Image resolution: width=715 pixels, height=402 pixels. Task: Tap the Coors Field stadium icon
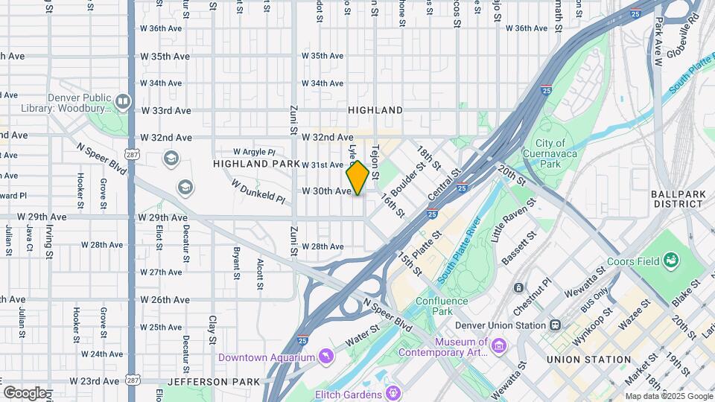[x=671, y=260]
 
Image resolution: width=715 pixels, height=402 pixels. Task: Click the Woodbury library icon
[x=123, y=100]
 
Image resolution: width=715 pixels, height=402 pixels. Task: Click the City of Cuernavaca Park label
[x=550, y=153]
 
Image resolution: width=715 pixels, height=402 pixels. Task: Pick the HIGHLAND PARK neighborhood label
[x=247, y=163]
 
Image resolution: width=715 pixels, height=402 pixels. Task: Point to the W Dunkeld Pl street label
[x=258, y=191]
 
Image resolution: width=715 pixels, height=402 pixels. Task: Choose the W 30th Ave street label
[x=325, y=191]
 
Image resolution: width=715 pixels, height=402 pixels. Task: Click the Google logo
[x=25, y=392]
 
